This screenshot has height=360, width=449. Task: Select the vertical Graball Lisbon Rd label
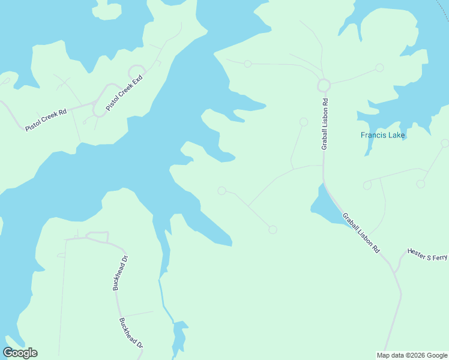324,124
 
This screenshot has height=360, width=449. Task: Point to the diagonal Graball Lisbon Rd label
361,232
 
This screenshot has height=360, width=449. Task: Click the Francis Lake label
383,135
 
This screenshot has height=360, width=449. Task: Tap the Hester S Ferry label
427,254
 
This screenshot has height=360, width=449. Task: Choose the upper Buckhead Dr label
121,272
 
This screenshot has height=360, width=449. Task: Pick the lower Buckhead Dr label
131,333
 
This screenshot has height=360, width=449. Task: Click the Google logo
20,353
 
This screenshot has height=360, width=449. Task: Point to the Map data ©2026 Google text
412,355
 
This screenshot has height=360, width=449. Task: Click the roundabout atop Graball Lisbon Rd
324,85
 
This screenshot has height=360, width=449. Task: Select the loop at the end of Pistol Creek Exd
136,71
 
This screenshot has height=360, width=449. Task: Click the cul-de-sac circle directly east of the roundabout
379,68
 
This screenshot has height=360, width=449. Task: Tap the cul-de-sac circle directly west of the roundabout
247,64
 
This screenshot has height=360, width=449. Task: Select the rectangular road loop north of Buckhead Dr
97,236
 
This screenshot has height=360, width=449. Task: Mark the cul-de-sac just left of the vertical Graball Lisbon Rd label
304,122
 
